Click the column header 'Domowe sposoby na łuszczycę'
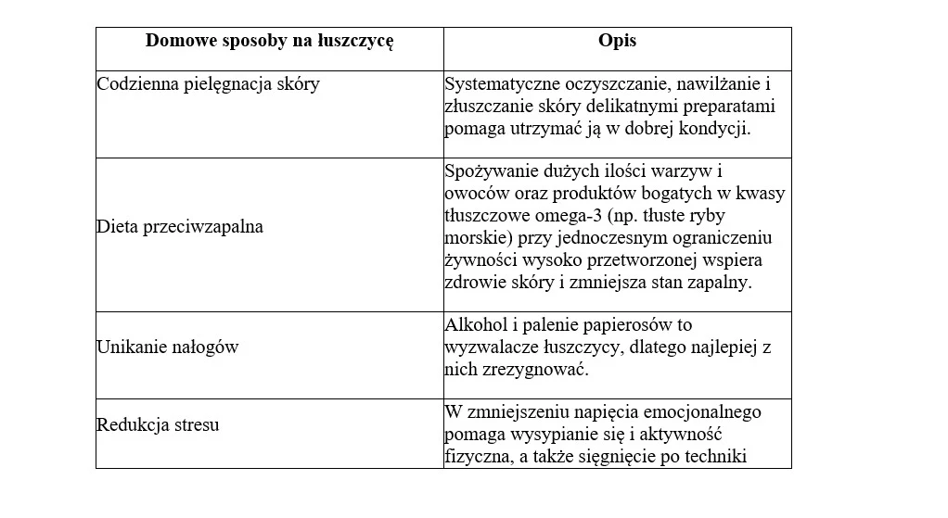270,43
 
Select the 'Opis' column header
617,43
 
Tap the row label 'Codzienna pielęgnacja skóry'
209,83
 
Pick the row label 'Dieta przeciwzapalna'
180,226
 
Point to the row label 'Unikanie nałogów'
168,347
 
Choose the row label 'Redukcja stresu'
158,425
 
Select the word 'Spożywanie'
489,171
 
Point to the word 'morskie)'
474,238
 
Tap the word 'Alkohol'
475,324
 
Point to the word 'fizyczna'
478,456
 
